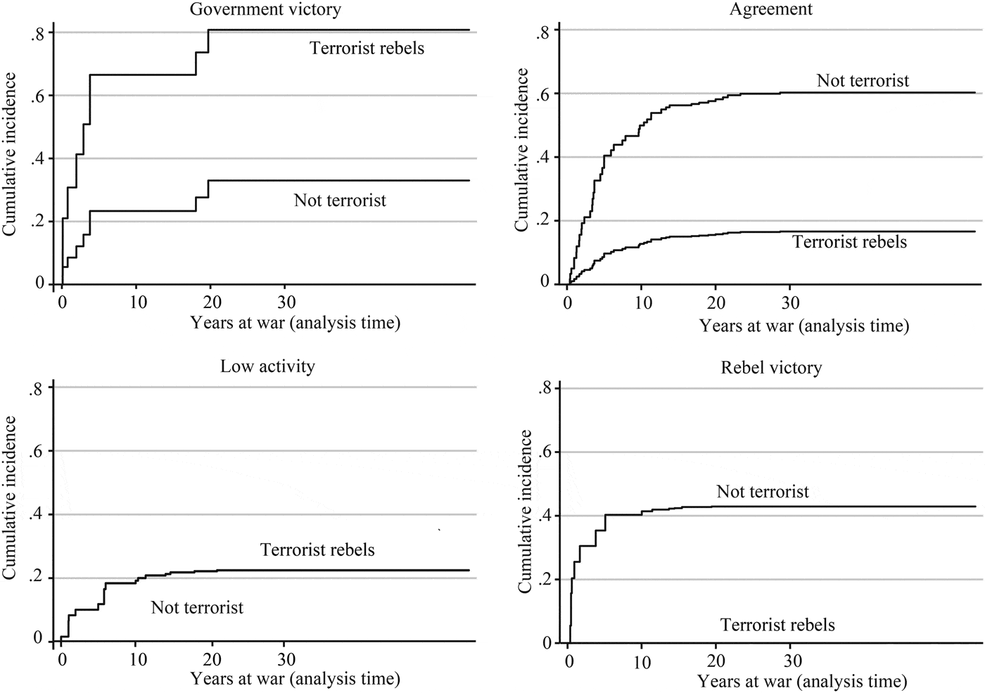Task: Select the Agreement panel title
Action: [770, 9]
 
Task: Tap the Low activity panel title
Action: [267, 366]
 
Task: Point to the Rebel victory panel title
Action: [771, 367]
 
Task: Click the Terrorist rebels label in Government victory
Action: [367, 48]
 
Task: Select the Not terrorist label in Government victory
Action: [340, 201]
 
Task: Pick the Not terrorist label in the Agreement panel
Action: [863, 81]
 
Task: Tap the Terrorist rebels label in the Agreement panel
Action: [849, 242]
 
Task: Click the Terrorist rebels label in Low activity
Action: [317, 549]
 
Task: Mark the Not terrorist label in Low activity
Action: [197, 607]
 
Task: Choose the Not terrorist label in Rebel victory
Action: [763, 492]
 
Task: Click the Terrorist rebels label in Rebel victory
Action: [777, 625]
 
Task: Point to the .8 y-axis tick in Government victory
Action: [38, 32]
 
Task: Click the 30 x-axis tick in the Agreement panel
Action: [790, 303]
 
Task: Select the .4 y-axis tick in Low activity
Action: [38, 514]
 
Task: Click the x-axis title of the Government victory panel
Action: [295, 323]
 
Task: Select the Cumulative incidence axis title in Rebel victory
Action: [524, 511]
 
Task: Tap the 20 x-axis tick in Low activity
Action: [212, 659]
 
